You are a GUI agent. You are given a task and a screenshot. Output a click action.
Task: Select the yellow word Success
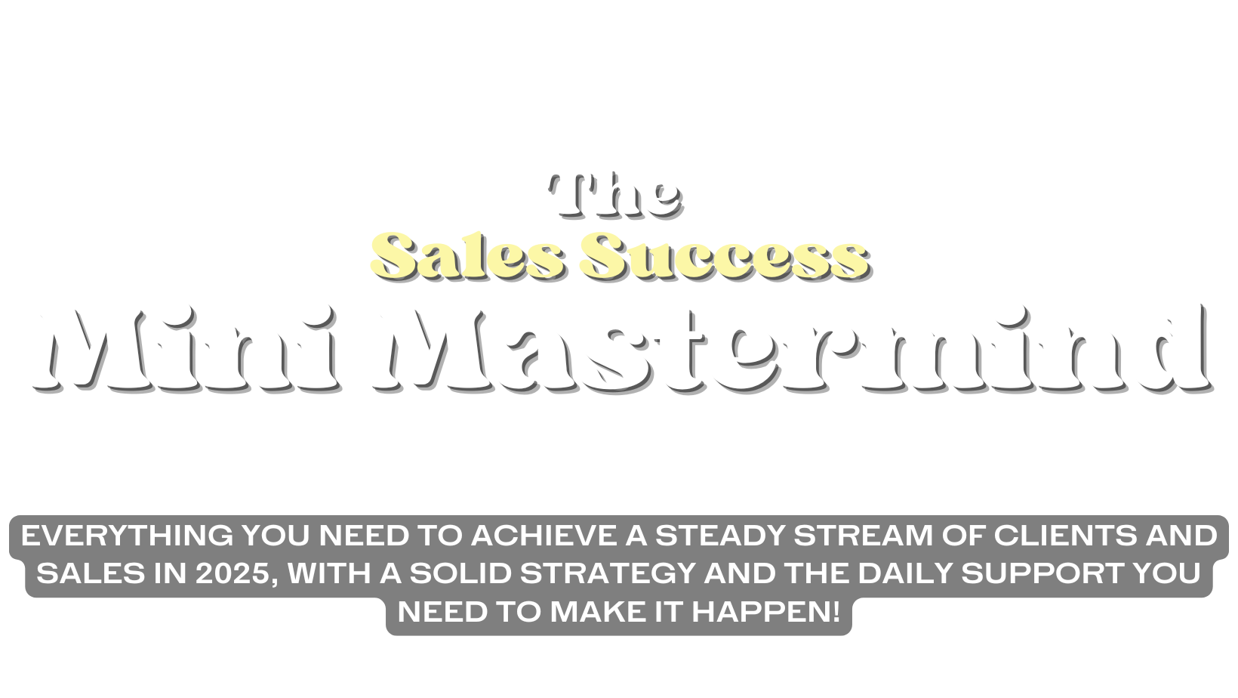pos(725,255)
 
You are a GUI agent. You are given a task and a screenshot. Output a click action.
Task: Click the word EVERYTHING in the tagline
pos(127,536)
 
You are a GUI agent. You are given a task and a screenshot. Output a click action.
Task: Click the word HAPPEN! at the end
pos(766,612)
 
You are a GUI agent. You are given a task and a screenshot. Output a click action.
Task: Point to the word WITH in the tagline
pos(329,573)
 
